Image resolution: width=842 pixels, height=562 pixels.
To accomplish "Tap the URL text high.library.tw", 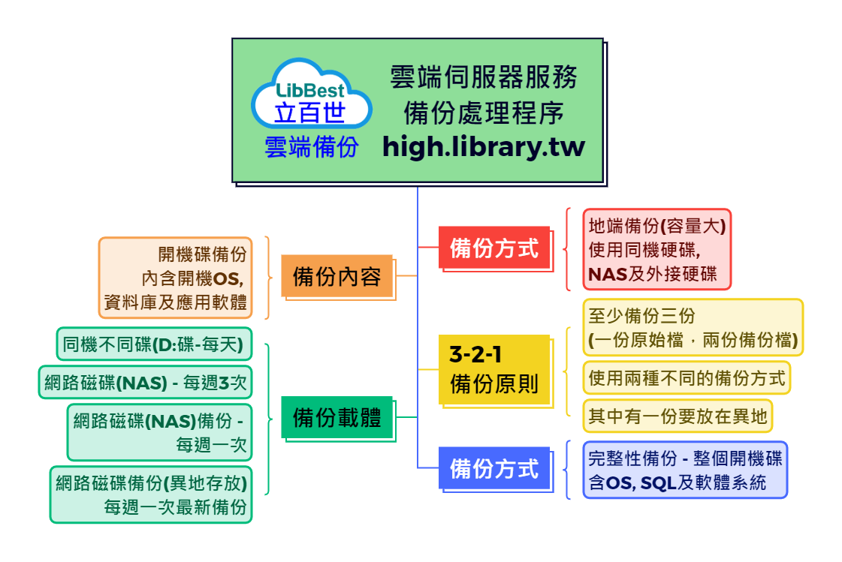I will (x=483, y=146).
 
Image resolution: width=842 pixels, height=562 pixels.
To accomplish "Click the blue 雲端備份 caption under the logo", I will (x=311, y=147).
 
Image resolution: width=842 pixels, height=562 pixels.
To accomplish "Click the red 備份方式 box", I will (x=494, y=247).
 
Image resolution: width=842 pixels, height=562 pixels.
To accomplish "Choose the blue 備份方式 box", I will (x=494, y=468).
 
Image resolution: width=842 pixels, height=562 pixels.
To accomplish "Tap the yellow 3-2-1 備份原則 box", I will (x=494, y=370).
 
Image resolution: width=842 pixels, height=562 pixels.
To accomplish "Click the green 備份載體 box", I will (x=336, y=416).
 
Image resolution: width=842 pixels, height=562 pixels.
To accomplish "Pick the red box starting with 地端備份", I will (x=656, y=249).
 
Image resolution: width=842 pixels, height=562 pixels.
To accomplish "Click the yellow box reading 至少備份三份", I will (x=692, y=327).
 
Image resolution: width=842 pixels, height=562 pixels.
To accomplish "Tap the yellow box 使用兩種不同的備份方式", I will (x=687, y=377).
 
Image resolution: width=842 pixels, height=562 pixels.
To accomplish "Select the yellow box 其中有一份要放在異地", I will (x=677, y=416).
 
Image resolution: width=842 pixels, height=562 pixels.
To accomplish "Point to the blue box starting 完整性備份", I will (x=684, y=470).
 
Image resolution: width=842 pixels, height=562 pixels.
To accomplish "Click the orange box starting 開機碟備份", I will (x=175, y=278).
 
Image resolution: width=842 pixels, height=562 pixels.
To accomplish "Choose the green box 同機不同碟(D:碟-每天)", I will (x=153, y=344).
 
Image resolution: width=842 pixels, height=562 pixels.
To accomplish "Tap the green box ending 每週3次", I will (x=145, y=383).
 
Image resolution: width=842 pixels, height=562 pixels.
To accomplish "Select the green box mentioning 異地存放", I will (x=151, y=495).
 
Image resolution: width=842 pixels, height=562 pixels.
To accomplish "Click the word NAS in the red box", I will (x=608, y=275).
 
